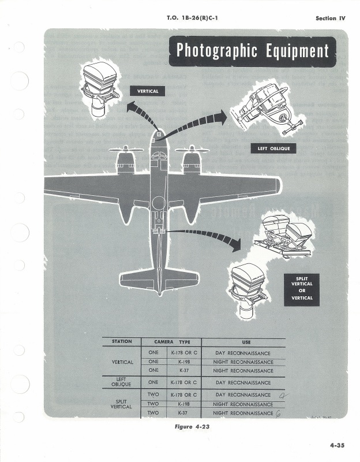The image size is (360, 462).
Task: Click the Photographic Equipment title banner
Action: point(252,51)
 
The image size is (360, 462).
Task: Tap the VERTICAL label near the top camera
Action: point(147,91)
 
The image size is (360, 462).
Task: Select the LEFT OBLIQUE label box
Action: point(273,149)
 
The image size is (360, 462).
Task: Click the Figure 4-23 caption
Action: point(193,427)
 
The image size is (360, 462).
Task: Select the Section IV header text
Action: point(330,18)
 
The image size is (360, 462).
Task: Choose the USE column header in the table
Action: point(242,342)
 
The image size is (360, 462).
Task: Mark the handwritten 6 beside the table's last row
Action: point(278,412)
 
